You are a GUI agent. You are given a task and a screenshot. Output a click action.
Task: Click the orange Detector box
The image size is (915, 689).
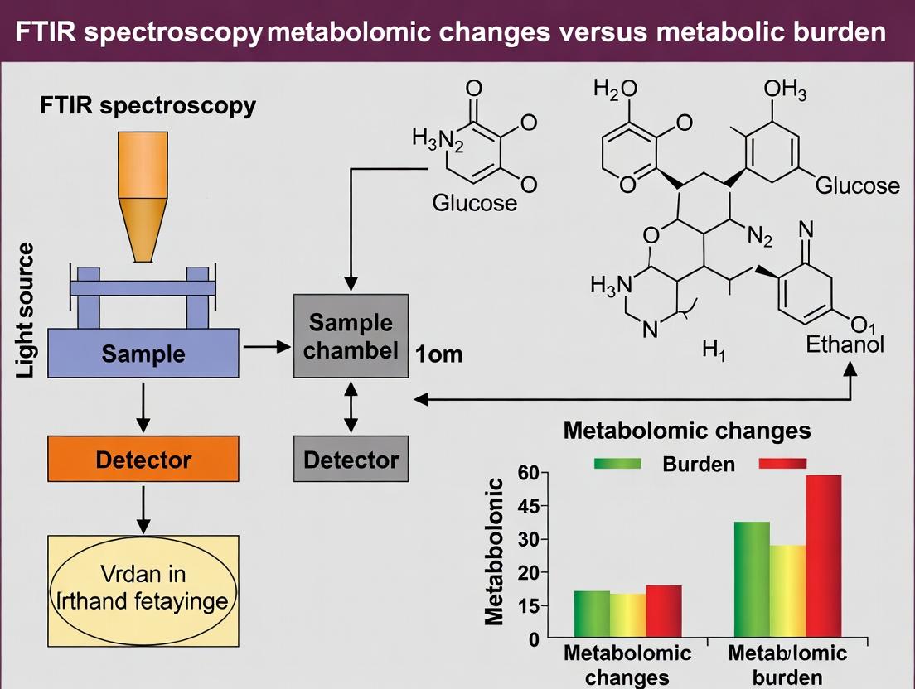point(143,459)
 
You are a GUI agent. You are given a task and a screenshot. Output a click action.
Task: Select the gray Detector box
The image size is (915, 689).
point(351,459)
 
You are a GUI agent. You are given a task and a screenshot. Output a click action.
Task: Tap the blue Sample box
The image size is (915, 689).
point(143,354)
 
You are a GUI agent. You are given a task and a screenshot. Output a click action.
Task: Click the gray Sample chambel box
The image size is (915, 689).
point(351,335)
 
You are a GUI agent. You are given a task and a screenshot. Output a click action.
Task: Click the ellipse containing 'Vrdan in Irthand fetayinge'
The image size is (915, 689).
point(143,588)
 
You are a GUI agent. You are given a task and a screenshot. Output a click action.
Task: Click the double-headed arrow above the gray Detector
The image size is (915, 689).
point(351,407)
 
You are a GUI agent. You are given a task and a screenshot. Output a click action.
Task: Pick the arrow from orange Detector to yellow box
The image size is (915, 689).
point(143,508)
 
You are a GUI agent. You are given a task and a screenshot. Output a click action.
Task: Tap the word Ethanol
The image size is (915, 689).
point(845,344)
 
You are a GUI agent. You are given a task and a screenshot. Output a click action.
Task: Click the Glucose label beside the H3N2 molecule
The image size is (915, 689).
point(475,203)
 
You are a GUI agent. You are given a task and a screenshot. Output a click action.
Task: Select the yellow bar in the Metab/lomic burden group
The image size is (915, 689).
point(787,591)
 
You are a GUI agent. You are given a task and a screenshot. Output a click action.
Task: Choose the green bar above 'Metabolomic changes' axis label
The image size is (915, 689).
point(592,614)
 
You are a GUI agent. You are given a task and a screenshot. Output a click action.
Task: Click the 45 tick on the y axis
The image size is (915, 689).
point(527,506)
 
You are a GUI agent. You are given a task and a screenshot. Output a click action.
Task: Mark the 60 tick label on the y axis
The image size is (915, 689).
point(527,473)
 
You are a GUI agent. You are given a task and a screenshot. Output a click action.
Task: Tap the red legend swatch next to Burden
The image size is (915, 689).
point(782,464)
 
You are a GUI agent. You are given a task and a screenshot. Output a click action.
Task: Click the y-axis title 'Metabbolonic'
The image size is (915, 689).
point(495,551)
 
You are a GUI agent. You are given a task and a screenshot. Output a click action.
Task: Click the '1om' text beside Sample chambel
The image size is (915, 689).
point(439,355)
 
